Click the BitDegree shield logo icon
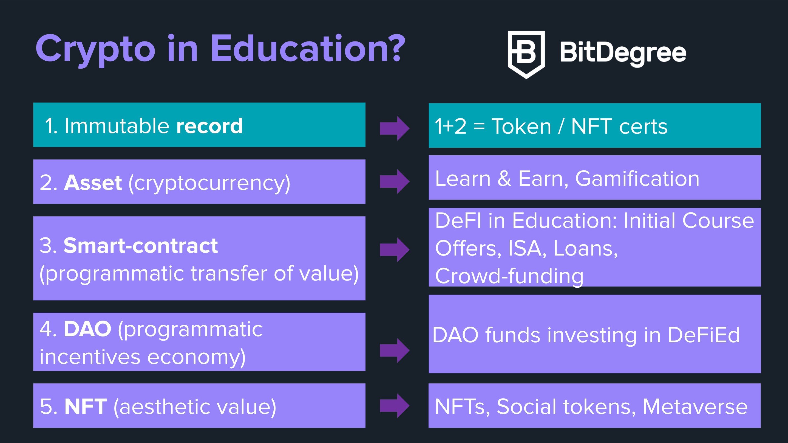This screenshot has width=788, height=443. point(526,55)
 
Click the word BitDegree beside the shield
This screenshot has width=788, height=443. point(623,52)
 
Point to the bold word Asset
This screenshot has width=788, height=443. point(93,183)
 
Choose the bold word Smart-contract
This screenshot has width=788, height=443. point(141,246)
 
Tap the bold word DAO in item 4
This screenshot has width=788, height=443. point(87,329)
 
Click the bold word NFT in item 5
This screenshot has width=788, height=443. point(86,406)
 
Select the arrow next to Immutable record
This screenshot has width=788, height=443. point(395,128)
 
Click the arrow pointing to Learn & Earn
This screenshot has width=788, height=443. point(395,181)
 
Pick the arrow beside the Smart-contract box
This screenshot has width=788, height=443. point(395,249)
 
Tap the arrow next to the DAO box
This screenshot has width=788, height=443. point(395,351)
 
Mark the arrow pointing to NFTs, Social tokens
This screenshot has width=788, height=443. point(395,406)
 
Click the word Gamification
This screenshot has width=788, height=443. point(637,178)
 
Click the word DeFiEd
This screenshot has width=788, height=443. point(704,335)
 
